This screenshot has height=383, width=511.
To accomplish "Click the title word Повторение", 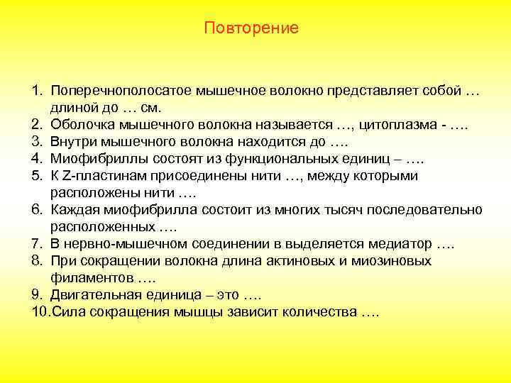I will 251,28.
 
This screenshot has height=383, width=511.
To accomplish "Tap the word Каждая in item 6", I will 75,211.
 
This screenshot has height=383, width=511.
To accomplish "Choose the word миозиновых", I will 388,261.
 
